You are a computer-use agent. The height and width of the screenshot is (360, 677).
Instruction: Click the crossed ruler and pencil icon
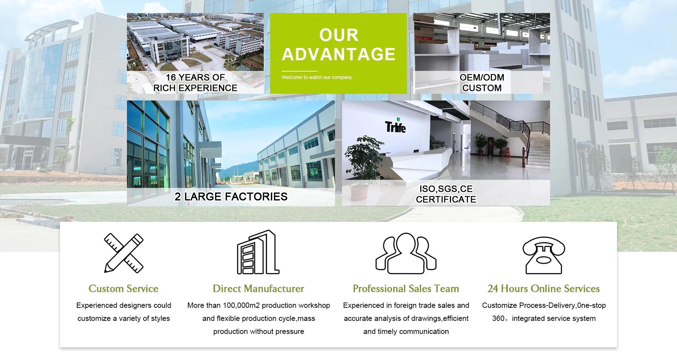tap(124, 253)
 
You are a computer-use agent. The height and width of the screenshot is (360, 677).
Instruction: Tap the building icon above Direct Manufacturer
tap(258, 252)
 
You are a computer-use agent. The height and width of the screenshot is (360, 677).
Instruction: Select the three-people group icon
tap(406, 253)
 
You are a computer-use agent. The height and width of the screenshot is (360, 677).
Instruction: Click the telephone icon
tap(544, 255)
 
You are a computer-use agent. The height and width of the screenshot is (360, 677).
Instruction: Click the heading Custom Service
tap(123, 289)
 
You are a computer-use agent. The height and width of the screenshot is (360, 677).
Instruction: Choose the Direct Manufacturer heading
tap(258, 289)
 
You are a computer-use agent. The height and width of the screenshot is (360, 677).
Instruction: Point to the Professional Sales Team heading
tap(406, 289)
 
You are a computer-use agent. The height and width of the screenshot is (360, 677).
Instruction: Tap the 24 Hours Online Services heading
tap(544, 289)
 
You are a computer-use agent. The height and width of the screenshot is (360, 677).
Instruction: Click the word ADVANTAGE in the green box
tap(338, 54)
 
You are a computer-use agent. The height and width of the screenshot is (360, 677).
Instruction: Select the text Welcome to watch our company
tap(317, 77)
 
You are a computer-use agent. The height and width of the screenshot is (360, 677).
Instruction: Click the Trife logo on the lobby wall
tap(395, 126)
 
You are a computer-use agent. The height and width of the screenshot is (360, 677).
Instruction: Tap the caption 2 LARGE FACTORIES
tap(231, 197)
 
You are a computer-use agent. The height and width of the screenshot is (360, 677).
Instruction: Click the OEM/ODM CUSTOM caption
tap(482, 83)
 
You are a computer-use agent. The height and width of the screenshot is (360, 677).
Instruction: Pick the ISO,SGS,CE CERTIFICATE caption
tap(446, 194)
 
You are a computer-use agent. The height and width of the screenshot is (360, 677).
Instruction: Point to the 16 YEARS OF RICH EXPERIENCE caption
tap(195, 83)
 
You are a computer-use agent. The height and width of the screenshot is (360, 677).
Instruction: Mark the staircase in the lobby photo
tap(522, 138)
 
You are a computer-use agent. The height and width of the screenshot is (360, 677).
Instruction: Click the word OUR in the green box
tap(339, 35)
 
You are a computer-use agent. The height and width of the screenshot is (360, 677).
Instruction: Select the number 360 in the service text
tap(498, 318)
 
